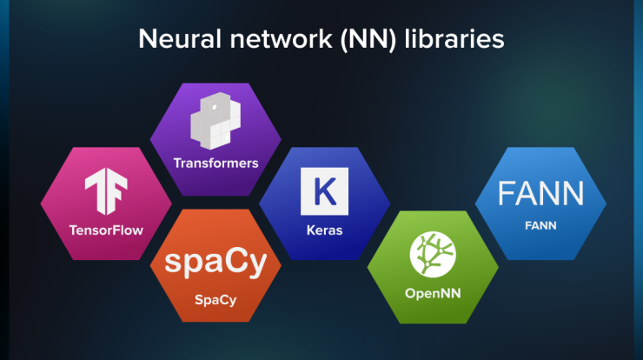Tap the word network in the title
(x=282, y=39)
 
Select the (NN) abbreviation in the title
(x=368, y=40)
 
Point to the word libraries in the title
(x=454, y=39)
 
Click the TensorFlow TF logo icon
(x=106, y=191)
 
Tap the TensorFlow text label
(x=106, y=230)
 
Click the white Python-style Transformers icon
(x=215, y=121)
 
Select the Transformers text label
(x=215, y=163)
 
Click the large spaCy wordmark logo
(x=215, y=263)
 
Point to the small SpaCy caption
(x=215, y=300)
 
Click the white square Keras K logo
(x=324, y=191)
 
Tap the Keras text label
(x=324, y=230)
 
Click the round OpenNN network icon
(x=433, y=255)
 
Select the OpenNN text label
(x=433, y=294)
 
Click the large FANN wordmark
(x=540, y=193)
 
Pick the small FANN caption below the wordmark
(x=540, y=226)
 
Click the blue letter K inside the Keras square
(x=325, y=191)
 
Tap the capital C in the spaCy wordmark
(x=235, y=260)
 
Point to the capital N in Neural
(x=149, y=39)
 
